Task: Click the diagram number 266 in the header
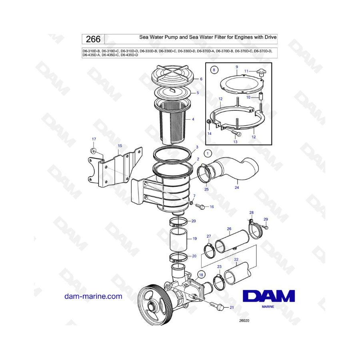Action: pyautogui.click(x=93, y=39)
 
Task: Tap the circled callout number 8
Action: pyautogui.click(x=214, y=70)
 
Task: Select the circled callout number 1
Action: pyautogui.click(x=208, y=153)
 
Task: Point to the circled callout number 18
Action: pyautogui.click(x=201, y=275)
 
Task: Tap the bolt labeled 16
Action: pyautogui.click(x=200, y=206)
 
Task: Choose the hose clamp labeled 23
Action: pyautogui.click(x=219, y=282)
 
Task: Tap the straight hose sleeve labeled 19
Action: pyautogui.click(x=178, y=240)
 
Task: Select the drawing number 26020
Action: pyautogui.click(x=244, y=320)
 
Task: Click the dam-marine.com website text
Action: pyautogui.click(x=93, y=296)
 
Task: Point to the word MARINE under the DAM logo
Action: pyautogui.click(x=268, y=306)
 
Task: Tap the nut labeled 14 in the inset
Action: pyautogui.click(x=209, y=122)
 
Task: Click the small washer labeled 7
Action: pyautogui.click(x=191, y=203)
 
